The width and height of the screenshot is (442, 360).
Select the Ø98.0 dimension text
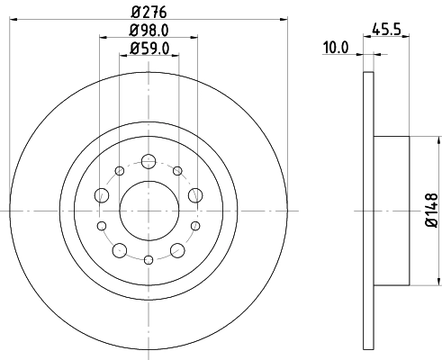[x=148, y=32]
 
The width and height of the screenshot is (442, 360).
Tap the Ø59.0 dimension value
[x=148, y=49]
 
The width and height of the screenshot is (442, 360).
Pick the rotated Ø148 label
[x=430, y=209]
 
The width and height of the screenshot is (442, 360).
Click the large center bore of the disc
[x=148, y=209]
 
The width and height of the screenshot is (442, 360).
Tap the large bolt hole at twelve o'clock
[x=148, y=163]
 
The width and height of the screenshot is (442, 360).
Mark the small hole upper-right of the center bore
[x=177, y=171]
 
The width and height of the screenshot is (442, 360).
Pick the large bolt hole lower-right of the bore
[x=176, y=248]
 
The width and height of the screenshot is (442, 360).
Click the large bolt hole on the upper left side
[x=101, y=195]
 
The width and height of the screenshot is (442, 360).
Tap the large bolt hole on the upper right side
[x=194, y=195]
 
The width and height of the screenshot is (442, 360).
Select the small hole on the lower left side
[x=102, y=225]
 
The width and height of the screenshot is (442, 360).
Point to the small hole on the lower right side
[x=194, y=225]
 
